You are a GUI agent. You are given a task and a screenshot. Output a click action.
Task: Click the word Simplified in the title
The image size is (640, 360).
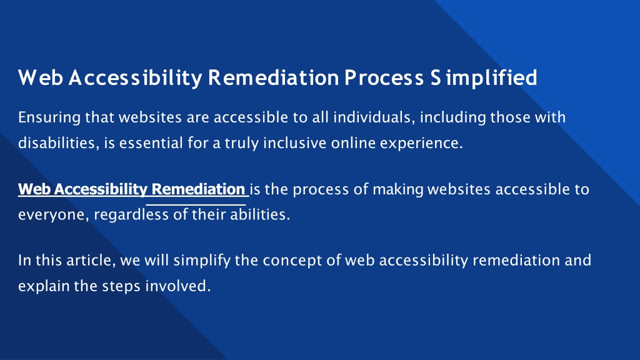pos(484,78)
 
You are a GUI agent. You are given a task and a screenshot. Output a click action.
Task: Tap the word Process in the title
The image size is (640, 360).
pos(384,77)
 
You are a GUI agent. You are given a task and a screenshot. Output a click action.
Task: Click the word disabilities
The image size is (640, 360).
pos(57,143)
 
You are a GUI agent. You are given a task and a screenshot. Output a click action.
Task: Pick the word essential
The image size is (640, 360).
pos(151,143)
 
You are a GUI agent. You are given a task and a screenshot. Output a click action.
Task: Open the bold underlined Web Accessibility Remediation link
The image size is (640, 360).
pos(131,189)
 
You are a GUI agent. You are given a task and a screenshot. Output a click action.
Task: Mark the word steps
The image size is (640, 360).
pos(122,286)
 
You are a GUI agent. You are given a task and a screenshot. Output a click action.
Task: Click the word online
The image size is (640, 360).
pos(353,143)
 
